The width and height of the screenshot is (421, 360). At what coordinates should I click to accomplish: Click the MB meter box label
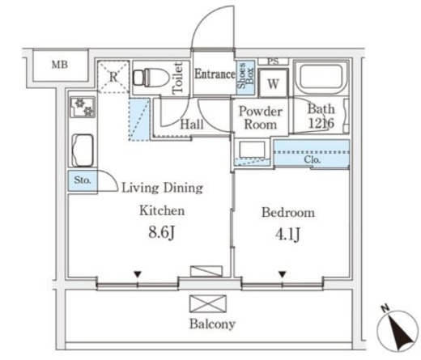(60, 65)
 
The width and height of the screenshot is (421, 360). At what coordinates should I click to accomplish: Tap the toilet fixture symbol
(151, 78)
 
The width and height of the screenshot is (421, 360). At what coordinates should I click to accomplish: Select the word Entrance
(215, 74)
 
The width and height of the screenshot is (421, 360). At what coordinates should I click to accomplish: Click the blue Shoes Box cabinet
(245, 78)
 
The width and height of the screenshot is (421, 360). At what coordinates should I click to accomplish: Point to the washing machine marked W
(273, 83)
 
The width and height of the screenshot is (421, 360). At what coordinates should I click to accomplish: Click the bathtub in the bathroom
(321, 78)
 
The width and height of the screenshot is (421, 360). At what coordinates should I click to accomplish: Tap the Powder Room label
(260, 118)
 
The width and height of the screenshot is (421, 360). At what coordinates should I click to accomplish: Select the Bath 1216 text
(321, 116)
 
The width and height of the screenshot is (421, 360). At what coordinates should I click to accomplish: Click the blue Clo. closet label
(313, 159)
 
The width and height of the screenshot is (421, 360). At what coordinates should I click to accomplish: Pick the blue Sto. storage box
(83, 180)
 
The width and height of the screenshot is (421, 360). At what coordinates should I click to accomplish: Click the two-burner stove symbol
(83, 108)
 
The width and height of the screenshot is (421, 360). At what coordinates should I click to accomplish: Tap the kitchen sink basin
(83, 150)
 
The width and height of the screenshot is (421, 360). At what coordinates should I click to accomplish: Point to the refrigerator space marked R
(113, 77)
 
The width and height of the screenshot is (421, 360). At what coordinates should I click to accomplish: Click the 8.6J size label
(162, 232)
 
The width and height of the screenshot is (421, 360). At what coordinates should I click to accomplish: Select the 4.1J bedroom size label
(287, 234)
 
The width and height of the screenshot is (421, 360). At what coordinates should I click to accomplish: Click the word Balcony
(212, 324)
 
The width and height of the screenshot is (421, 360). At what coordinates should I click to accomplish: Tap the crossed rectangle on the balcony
(208, 303)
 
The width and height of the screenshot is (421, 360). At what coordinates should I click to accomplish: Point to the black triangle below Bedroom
(283, 274)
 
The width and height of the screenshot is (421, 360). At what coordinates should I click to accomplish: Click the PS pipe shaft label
(273, 61)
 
